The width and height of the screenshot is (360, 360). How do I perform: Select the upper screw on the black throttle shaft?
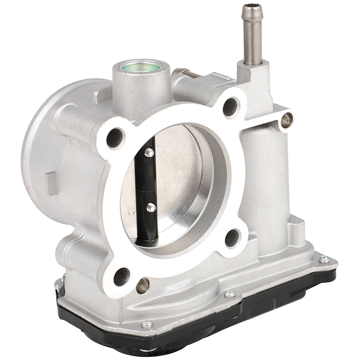tap(149, 153)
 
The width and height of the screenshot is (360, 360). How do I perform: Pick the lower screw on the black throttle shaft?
tap(151, 207)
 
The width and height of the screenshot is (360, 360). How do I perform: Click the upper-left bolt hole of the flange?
tap(115, 138)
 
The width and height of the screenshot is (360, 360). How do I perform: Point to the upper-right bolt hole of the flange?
tap(230, 106)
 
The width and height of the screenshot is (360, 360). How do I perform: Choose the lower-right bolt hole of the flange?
tap(232, 238)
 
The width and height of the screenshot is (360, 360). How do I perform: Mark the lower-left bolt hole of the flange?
tap(121, 276)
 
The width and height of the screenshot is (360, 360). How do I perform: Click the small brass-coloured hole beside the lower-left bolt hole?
tap(142, 286)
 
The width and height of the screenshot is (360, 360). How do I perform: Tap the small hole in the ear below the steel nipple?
tap(286, 120)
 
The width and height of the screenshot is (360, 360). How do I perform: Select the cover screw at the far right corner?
tap(324, 259)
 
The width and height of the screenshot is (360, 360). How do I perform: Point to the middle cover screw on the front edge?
tap(230, 294)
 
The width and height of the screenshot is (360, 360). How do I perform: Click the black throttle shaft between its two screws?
tap(147, 179)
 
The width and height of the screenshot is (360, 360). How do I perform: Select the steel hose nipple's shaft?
tap(253, 39)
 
